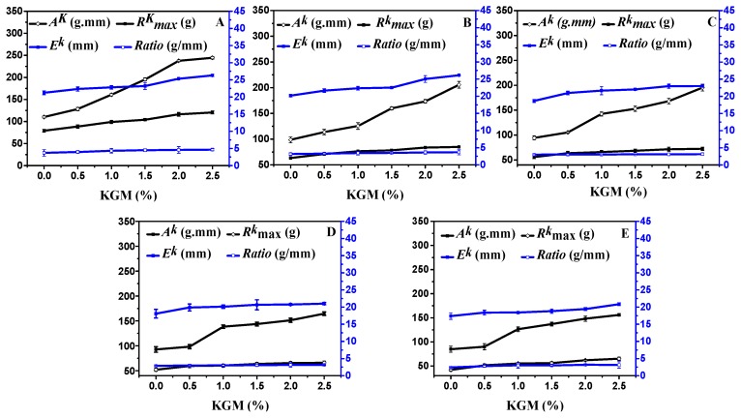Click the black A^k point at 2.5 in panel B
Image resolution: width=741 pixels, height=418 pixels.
pyautogui.click(x=459, y=85)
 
